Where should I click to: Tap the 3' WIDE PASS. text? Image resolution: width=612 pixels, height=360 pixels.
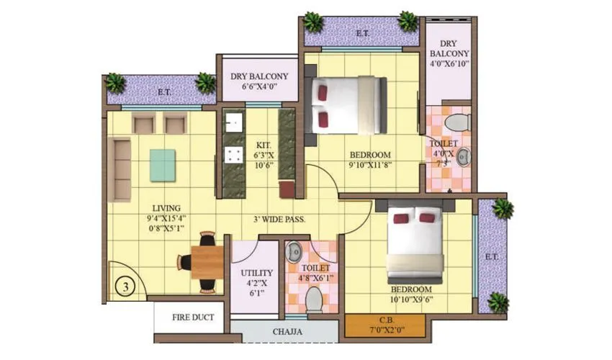pyautogui.click(x=279, y=219)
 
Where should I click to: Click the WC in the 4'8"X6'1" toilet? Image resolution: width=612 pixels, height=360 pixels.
pyautogui.click(x=314, y=299)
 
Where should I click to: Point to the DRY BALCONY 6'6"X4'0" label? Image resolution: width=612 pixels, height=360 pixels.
pyautogui.click(x=259, y=81)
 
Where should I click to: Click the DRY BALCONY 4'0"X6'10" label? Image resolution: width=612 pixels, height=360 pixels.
pyautogui.click(x=449, y=53)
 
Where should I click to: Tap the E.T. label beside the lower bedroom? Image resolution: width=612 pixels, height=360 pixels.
pyautogui.click(x=492, y=256)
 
